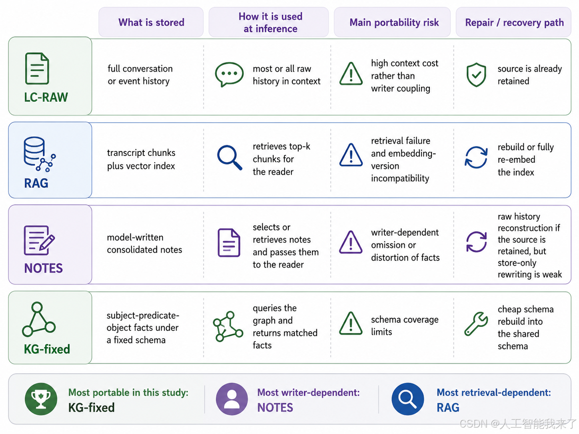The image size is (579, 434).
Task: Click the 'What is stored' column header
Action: coord(151,22)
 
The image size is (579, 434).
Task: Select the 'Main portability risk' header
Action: coord(394,22)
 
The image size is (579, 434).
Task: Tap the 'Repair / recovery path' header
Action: coord(514,22)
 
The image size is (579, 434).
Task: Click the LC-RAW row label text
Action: coord(46,97)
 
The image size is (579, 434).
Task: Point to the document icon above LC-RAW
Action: coord(37,68)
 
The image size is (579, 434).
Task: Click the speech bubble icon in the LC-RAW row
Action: coord(229,74)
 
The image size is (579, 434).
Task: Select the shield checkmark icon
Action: coord(476,75)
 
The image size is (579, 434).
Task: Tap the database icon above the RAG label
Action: coord(40,154)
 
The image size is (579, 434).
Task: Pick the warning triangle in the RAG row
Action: coord(351,155)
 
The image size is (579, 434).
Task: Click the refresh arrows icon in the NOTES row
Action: coord(476,242)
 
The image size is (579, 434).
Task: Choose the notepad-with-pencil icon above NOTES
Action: coord(39,240)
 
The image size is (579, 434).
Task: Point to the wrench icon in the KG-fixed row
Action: coord(476,324)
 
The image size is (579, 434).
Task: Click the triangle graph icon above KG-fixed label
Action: coord(39,319)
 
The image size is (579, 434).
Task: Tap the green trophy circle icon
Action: coord(41,399)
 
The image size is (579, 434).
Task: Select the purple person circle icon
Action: coord(232,399)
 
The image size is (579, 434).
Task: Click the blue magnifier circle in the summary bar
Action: coord(407,399)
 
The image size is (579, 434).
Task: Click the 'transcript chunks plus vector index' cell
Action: coord(141,159)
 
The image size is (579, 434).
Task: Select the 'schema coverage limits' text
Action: coord(405,325)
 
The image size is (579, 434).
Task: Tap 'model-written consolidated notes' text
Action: coord(144,243)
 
